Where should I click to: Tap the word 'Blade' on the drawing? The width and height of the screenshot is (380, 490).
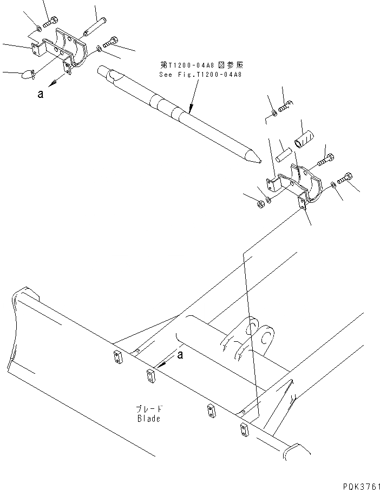tap(148, 419)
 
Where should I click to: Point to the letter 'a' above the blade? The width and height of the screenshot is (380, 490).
tap(181, 355)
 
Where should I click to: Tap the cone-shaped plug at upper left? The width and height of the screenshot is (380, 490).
tap(26, 74)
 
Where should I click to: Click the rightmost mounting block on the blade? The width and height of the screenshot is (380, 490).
tap(243, 429)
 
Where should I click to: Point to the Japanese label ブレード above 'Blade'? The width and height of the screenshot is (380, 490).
tap(148, 409)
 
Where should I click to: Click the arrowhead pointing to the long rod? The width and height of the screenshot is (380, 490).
tap(191, 112)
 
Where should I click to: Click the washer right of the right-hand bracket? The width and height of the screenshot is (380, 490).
tap(333, 186)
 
